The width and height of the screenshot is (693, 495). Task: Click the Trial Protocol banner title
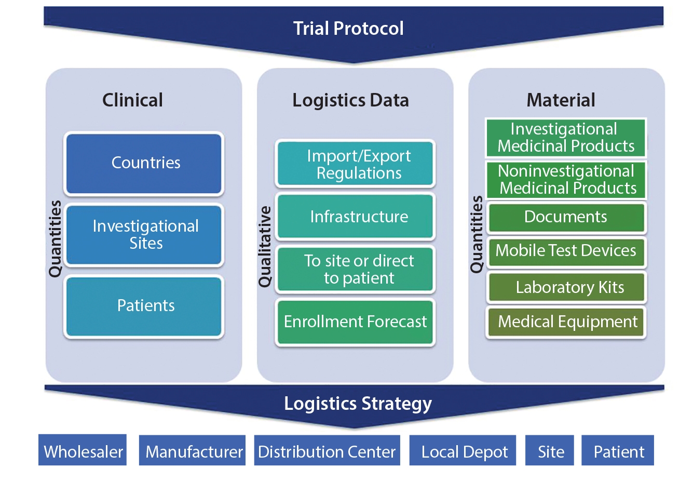pos(348,29)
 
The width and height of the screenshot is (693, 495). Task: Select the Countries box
pos(144,164)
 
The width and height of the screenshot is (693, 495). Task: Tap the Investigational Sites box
pos(144,235)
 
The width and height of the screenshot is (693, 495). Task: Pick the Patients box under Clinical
pos(144,306)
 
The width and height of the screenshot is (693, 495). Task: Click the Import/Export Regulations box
pos(356,164)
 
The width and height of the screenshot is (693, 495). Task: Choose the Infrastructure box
pos(356,217)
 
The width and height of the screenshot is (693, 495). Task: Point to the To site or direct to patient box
pos(356,269)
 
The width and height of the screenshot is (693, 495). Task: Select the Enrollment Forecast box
pos(356,322)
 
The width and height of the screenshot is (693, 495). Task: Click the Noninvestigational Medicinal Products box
pos(566,180)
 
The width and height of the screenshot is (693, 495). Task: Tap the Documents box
pos(566,217)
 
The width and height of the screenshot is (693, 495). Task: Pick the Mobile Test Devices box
pos(566,251)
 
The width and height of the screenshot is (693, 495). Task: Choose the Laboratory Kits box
pos(566,287)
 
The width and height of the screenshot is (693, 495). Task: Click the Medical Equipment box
pos(566,322)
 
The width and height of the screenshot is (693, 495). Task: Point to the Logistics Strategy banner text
pos(358,404)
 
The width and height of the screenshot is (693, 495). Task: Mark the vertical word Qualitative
pos(265,247)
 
